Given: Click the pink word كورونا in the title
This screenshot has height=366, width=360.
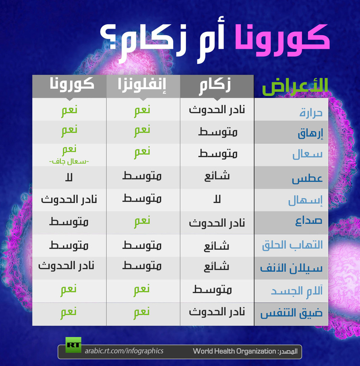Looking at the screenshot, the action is tap(282, 40).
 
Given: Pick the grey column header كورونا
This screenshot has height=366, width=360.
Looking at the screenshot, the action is tap(72, 84).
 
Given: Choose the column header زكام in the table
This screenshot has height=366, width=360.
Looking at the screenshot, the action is tap(215, 85).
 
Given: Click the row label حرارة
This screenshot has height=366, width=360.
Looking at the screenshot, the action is tap(311, 113).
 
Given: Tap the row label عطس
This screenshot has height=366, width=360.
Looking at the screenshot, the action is tap(307, 179).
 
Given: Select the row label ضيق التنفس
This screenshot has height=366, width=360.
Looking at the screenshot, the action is tap(291, 313).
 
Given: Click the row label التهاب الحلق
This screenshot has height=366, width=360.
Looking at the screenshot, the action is tap(292, 245).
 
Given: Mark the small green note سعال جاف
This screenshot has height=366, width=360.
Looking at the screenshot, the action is tap(69, 161).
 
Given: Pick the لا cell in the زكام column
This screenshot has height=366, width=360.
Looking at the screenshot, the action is tap(217, 200).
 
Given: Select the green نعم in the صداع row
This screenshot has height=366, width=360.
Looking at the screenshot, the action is tap(142, 222).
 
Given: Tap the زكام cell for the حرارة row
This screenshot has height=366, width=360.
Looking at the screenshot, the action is tap(217, 109).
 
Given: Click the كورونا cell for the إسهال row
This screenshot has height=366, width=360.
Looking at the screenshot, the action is tap(69, 200).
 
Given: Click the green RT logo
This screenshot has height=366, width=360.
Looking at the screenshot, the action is tap(73, 345).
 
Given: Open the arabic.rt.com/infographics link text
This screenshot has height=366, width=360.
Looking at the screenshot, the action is tap(124, 351).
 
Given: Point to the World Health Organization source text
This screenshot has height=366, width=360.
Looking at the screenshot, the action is tap(234, 351).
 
